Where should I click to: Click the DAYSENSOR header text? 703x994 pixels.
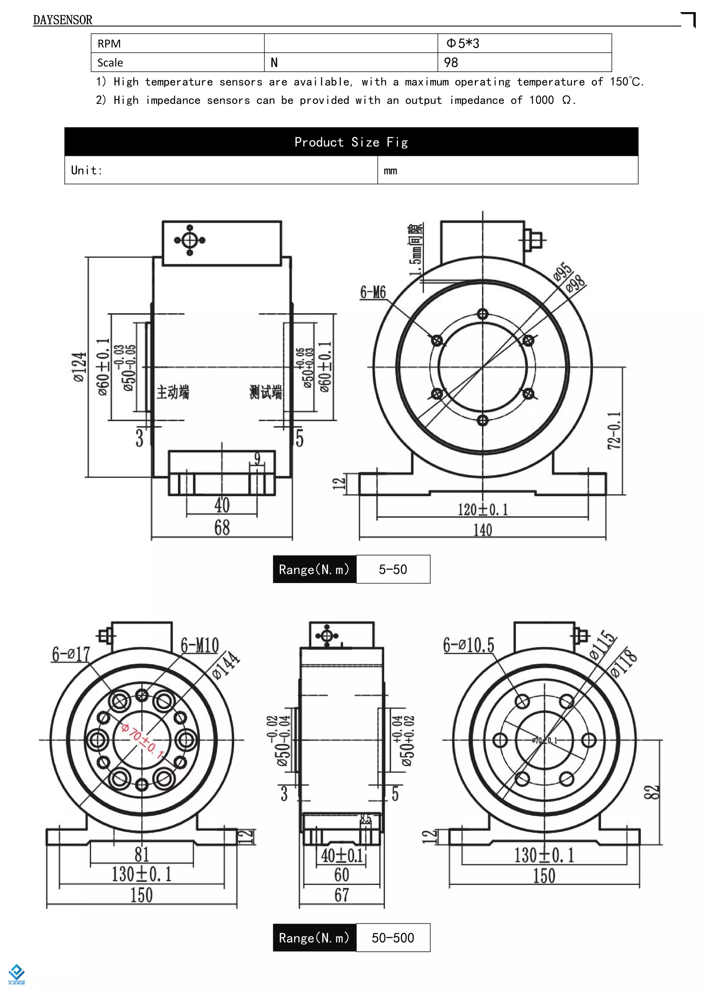pyautogui.click(x=62, y=20)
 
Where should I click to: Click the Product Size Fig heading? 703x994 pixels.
pyautogui.click(x=351, y=142)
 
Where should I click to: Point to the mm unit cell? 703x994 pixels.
pyautogui.click(x=507, y=170)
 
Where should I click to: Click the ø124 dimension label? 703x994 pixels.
pyautogui.click(x=80, y=367)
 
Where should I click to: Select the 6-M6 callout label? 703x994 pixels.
pyautogui.click(x=373, y=292)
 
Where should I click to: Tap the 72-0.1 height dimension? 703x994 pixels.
pyautogui.click(x=614, y=430)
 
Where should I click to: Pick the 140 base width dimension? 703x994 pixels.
pyautogui.click(x=482, y=530)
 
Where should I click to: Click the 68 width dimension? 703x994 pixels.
pyautogui.click(x=222, y=528)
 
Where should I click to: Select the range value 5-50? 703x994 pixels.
pyautogui.click(x=393, y=569)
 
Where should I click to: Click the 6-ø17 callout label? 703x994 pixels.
pyautogui.click(x=71, y=654)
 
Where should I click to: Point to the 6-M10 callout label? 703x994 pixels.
pyautogui.click(x=199, y=645)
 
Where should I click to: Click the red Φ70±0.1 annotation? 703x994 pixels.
pyautogui.click(x=142, y=741)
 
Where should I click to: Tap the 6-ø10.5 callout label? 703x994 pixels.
pyautogui.click(x=468, y=645)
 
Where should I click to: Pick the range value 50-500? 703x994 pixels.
pyautogui.click(x=393, y=938)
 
